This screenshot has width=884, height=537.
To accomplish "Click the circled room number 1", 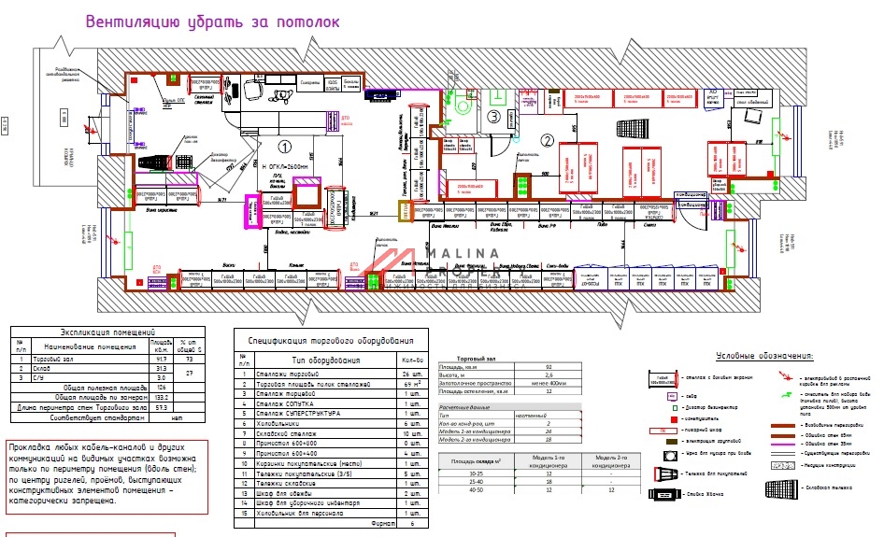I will [x=286, y=146].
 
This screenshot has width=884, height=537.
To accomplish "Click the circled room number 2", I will [x=548, y=141].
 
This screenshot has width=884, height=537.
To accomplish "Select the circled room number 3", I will [x=493, y=116].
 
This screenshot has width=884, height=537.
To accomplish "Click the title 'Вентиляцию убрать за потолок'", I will [x=211, y=21].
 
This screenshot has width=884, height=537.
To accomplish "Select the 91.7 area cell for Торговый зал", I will [x=162, y=359].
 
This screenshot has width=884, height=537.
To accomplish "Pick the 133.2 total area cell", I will [x=162, y=396].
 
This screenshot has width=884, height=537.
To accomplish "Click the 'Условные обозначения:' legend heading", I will [x=764, y=357].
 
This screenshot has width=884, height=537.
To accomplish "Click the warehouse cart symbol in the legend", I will [x=778, y=488].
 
